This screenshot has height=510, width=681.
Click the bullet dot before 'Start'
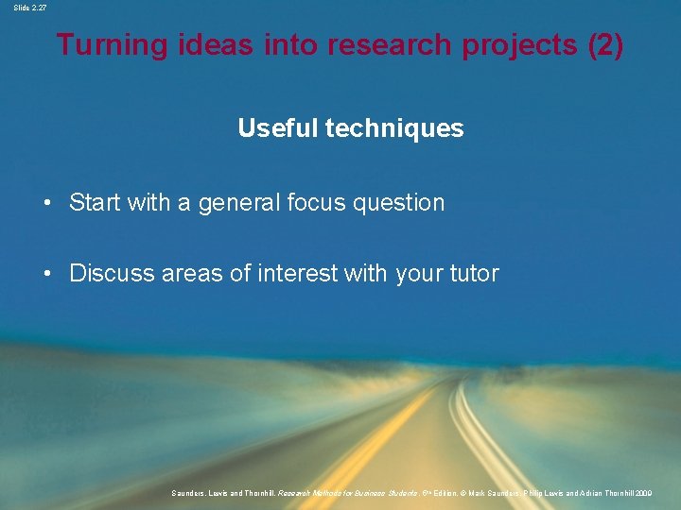click(45, 203)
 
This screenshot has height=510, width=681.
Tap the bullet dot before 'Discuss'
click(45, 274)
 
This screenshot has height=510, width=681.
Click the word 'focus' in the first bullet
click(319, 203)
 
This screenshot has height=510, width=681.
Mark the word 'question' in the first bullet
click(403, 203)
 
